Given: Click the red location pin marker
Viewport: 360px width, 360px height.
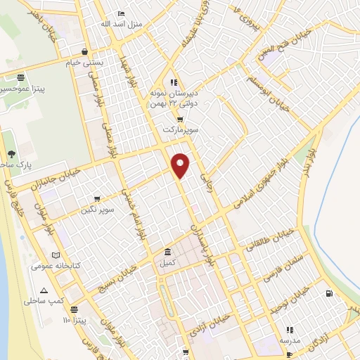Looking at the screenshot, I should [x=181, y=164].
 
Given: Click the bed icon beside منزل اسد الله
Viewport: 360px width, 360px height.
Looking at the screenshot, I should [x=121, y=13].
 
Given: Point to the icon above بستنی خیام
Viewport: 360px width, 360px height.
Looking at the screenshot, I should [x=85, y=52].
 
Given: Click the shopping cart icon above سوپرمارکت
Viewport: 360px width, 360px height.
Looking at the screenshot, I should [x=180, y=120].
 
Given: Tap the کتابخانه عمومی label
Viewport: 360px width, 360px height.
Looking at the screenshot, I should [x=55, y=266].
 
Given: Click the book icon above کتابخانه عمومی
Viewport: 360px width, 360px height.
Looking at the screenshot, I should [x=56, y=255].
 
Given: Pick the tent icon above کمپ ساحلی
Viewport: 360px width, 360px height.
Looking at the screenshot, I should [x=45, y=290].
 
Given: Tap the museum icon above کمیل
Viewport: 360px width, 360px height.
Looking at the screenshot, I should [x=167, y=252].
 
